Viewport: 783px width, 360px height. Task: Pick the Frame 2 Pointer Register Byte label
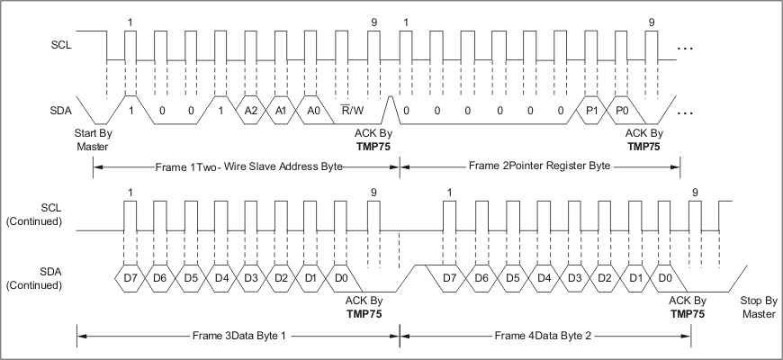tap(540, 166)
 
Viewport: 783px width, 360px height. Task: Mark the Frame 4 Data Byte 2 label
tap(543, 336)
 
